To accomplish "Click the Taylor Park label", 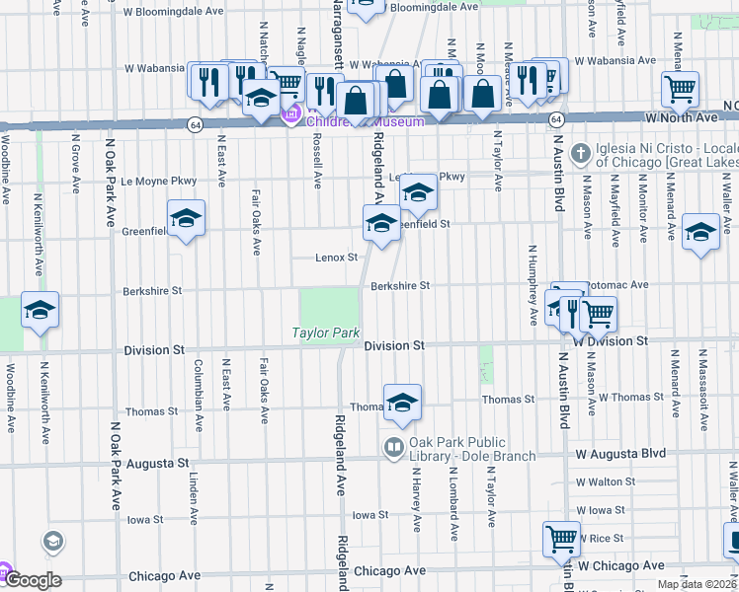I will [x=325, y=333].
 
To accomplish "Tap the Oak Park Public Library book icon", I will [x=394, y=448].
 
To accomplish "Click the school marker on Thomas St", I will [x=402, y=403].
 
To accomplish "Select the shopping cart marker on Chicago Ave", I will [x=561, y=539].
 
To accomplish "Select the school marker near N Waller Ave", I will [x=700, y=232].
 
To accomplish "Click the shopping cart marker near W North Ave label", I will [x=680, y=90].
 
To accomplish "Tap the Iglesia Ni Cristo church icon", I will [x=581, y=152].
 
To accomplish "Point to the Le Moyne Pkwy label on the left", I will [x=158, y=182].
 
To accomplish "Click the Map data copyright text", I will [x=698, y=584].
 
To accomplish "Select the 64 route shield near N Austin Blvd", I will [x=558, y=118].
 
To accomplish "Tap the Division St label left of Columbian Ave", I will [x=154, y=350].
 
